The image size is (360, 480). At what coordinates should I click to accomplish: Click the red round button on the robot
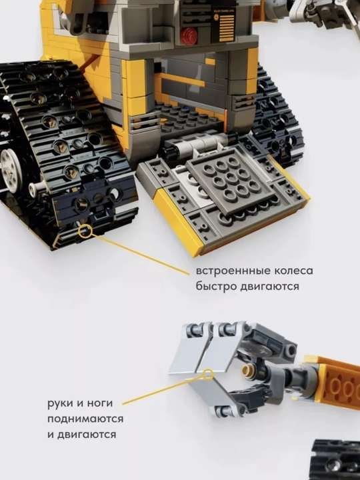pos(188,36)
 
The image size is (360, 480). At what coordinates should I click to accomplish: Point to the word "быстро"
pos(217,287)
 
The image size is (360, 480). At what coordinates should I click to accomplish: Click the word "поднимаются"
pos(85,419)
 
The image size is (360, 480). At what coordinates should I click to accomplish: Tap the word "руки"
pos(60,403)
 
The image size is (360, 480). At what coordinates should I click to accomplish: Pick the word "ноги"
pos(98,403)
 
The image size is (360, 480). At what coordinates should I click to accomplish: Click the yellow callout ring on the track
pos(85,231)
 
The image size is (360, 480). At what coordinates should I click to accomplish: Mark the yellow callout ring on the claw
pos(208,375)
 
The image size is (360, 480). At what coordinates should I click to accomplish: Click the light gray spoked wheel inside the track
pos(11,171)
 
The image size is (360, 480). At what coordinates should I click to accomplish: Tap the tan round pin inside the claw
pos(247,371)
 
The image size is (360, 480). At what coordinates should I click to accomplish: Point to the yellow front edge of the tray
pos(177,220)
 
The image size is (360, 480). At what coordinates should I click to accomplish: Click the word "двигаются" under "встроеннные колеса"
pos(269,287)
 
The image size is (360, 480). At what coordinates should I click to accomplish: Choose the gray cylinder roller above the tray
pos(196,145)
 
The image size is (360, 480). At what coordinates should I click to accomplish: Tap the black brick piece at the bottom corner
pos(335,460)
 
